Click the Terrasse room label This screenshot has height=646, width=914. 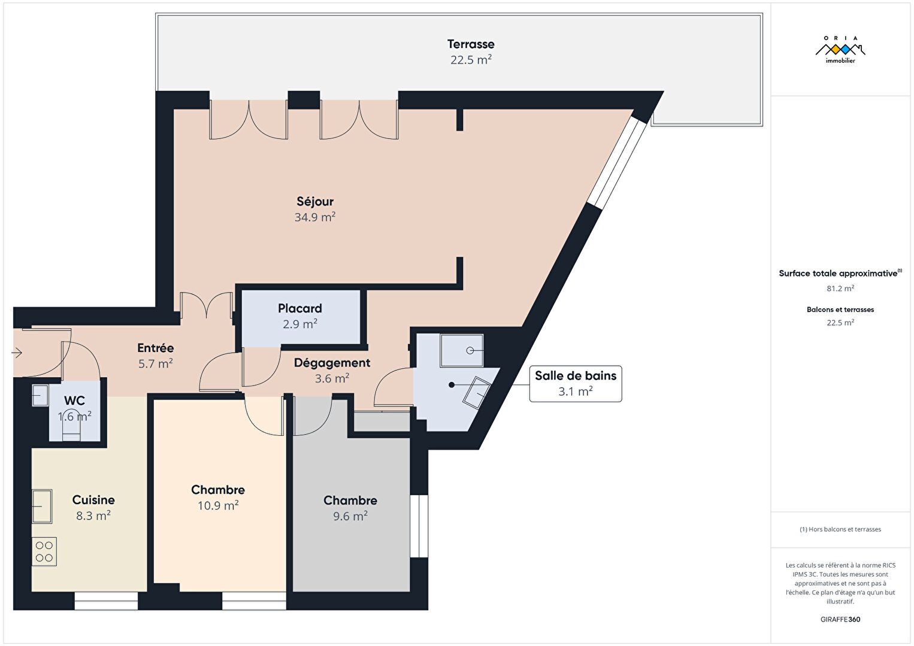470,44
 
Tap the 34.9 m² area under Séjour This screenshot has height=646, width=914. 315,217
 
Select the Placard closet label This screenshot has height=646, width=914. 300,308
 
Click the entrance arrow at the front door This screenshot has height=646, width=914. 17,353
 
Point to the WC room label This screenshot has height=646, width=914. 74,401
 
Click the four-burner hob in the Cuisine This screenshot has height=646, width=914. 44,552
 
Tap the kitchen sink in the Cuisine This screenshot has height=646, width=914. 42,506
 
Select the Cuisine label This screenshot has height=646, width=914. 93,500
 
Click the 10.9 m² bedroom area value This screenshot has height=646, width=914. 218,506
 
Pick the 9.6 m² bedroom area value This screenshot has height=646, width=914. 350,516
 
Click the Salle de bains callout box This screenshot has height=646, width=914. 576,384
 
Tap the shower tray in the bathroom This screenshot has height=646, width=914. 462,350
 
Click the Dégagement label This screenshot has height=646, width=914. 332,363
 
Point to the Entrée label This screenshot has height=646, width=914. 156,348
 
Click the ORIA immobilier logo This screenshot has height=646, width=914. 840,50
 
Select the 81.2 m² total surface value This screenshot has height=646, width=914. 840,289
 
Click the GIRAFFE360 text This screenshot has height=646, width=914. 840,619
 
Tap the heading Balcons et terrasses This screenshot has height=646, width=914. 840,310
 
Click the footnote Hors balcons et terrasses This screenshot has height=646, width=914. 840,529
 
